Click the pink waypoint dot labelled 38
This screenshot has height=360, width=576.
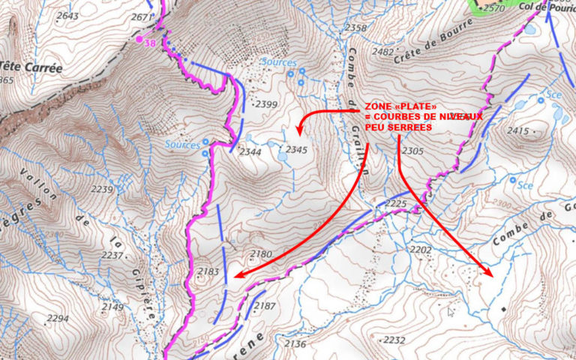click(139, 38)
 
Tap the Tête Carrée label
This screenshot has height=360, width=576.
click(31, 67)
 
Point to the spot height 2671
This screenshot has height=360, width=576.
click(142, 16)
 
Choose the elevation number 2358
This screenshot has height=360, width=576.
click(355, 28)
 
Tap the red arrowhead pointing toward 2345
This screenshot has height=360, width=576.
click(302, 124)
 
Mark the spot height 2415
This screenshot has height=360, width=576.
click(518, 131)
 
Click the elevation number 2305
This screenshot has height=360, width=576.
click(412, 151)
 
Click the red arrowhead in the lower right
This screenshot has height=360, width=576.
click(490, 273)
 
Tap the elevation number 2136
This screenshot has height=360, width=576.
click(295, 344)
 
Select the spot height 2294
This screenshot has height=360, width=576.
click(56, 319)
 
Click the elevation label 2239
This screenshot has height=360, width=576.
click(102, 190)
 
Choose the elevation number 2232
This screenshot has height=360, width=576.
click(394, 340)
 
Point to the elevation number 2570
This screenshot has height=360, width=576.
click(494, 8)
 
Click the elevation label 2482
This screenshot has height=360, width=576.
click(382, 52)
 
